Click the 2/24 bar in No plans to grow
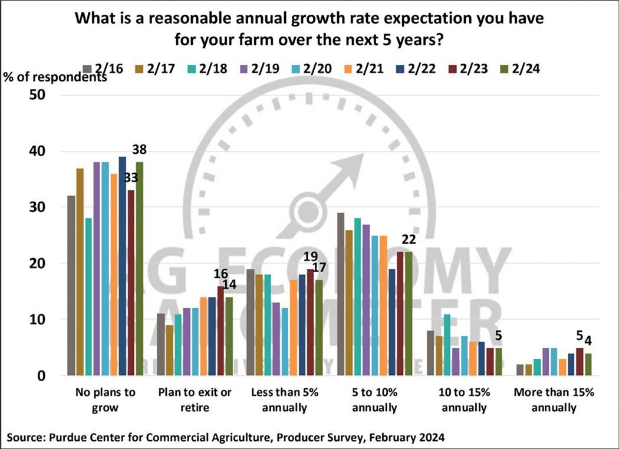click(x=139, y=269)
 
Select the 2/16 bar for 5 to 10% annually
click(x=341, y=294)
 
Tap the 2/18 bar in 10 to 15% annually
click(x=447, y=345)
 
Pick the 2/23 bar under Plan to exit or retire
click(x=220, y=331)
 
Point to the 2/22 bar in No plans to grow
click(x=122, y=266)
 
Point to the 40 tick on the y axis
click(x=45, y=151)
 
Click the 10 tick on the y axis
click(x=45, y=320)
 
